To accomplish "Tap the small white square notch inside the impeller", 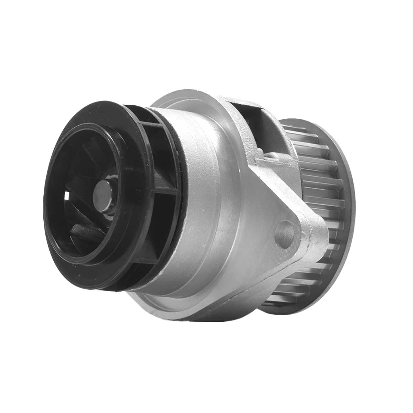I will click(67, 197).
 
